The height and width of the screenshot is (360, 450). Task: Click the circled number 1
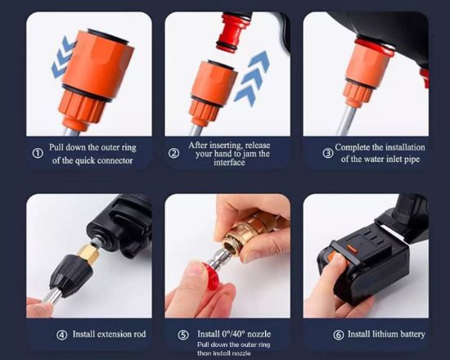pos(38,153)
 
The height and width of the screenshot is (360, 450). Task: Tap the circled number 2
pos(174,153)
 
